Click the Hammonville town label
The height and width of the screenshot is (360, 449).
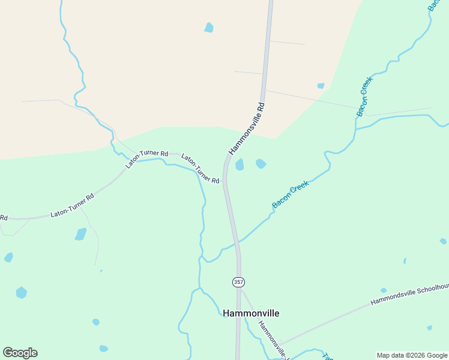[251, 313]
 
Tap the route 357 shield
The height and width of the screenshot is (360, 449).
[238, 281]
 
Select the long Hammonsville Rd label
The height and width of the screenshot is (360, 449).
[247, 128]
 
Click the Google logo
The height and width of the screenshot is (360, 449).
[20, 353]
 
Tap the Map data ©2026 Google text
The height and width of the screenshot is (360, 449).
[412, 355]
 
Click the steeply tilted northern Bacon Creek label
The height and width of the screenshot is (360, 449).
[365, 96]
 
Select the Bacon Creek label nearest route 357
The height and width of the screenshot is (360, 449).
[290, 195]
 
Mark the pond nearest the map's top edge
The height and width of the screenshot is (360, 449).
[209, 27]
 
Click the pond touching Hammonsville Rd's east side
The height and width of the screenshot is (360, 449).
[240, 164]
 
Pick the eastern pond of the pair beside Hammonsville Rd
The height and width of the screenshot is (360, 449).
[261, 163]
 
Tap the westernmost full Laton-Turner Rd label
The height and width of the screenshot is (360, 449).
[72, 205]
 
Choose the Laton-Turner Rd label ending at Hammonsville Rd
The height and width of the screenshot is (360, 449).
[200, 169]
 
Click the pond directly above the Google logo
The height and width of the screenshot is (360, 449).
[21, 292]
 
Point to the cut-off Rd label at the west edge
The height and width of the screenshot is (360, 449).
[3, 217]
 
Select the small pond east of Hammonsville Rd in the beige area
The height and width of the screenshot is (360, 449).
[321, 86]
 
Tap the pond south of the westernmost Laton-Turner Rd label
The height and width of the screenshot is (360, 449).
[80, 234]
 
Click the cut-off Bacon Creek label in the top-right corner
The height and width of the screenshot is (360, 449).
[433, 5]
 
